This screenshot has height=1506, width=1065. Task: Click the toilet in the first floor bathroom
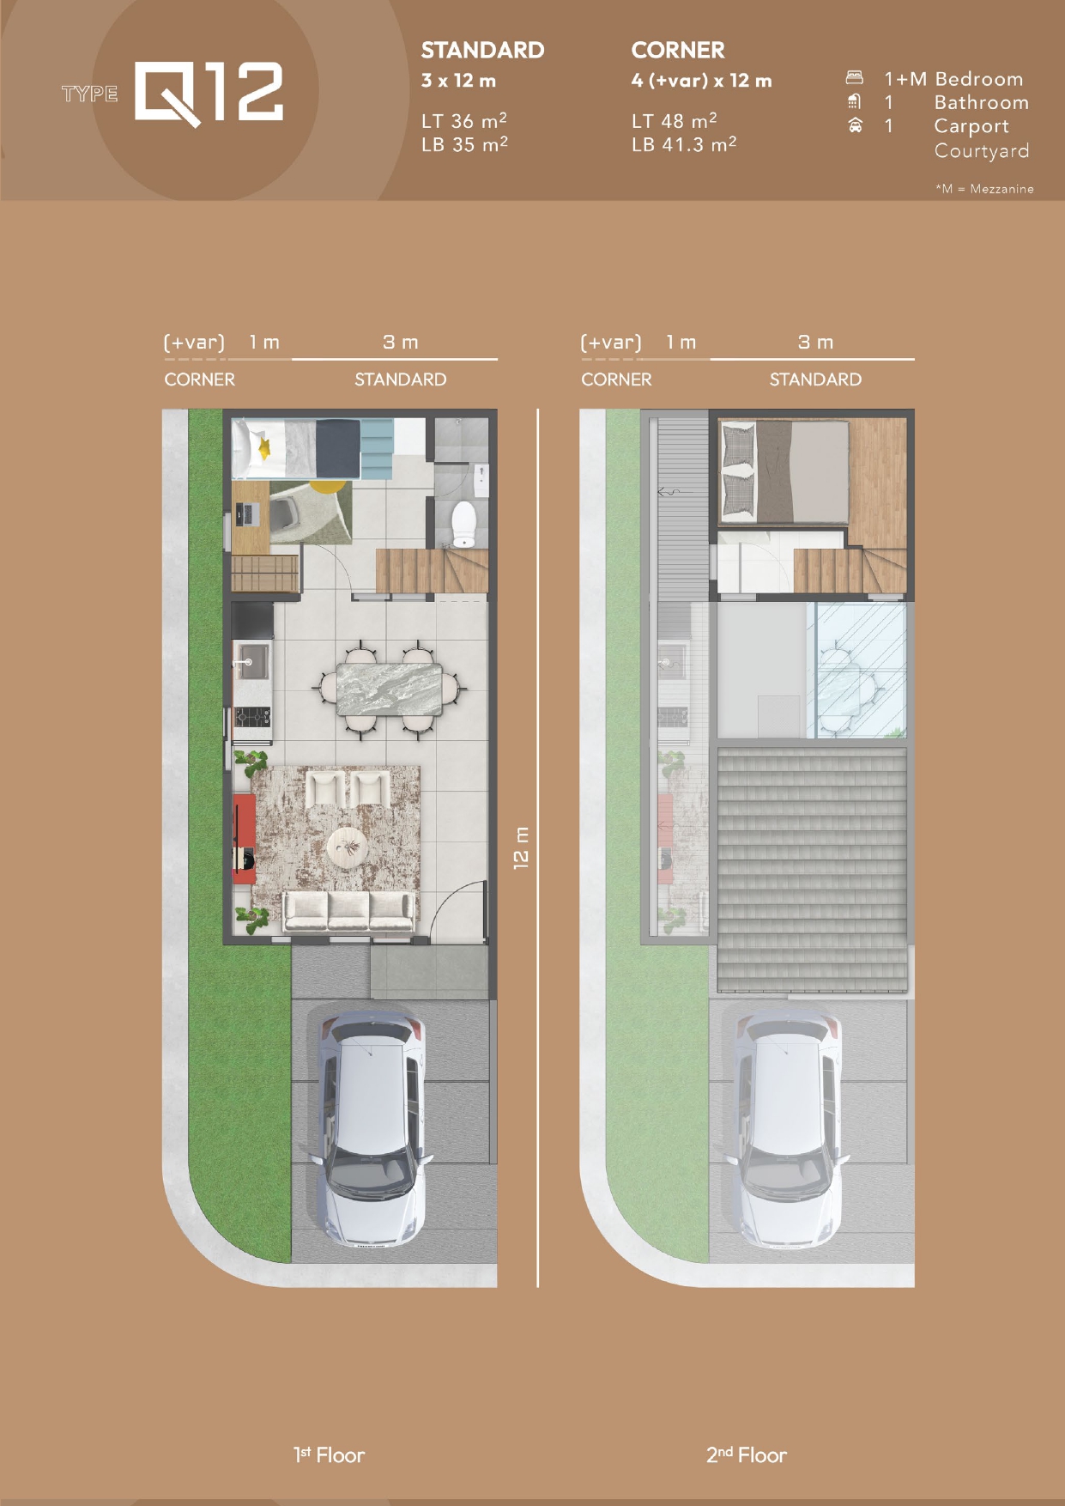[463, 524]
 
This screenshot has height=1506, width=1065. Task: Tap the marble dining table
[390, 689]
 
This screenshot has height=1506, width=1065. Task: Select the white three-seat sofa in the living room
[348, 912]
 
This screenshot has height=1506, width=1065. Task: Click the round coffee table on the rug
[348, 848]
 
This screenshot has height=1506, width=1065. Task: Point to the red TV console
[244, 839]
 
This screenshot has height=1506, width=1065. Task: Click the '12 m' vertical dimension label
[521, 848]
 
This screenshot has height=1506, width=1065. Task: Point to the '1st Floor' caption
[329, 1454]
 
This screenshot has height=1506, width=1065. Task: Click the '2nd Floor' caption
[747, 1454]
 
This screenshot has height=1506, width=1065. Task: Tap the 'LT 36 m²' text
[463, 120]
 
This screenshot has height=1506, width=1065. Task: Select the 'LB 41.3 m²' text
[684, 143]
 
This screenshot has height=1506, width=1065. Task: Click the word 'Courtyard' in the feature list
[982, 151]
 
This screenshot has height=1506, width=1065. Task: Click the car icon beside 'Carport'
[855, 126]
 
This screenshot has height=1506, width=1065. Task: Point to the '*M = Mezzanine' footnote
[984, 189]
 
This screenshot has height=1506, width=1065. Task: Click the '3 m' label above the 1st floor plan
[401, 342]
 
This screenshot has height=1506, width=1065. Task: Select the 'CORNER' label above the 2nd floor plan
[616, 380]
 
